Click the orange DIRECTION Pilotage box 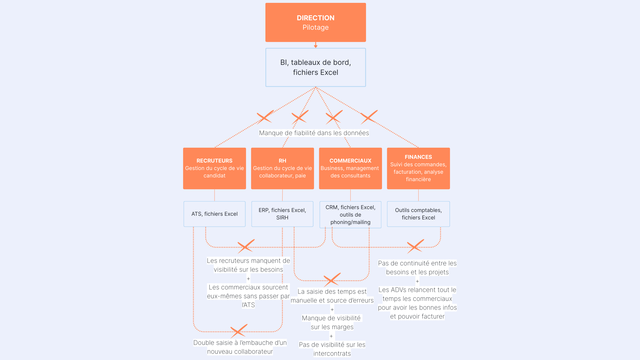[315, 22]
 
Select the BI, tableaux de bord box [315, 67]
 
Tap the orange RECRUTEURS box [214, 168]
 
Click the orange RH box [282, 168]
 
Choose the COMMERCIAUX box [350, 168]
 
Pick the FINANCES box [418, 168]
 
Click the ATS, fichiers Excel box [214, 214]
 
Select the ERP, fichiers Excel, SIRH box [282, 214]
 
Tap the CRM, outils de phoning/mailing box [350, 215]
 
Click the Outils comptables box [418, 214]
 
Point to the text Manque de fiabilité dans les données [314, 133]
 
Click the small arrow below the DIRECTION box [315, 45]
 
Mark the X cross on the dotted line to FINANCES [369, 117]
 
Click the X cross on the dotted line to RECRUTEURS [265, 117]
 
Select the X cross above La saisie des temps [331, 280]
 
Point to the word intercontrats [332, 354]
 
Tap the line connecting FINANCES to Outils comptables [418, 195]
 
